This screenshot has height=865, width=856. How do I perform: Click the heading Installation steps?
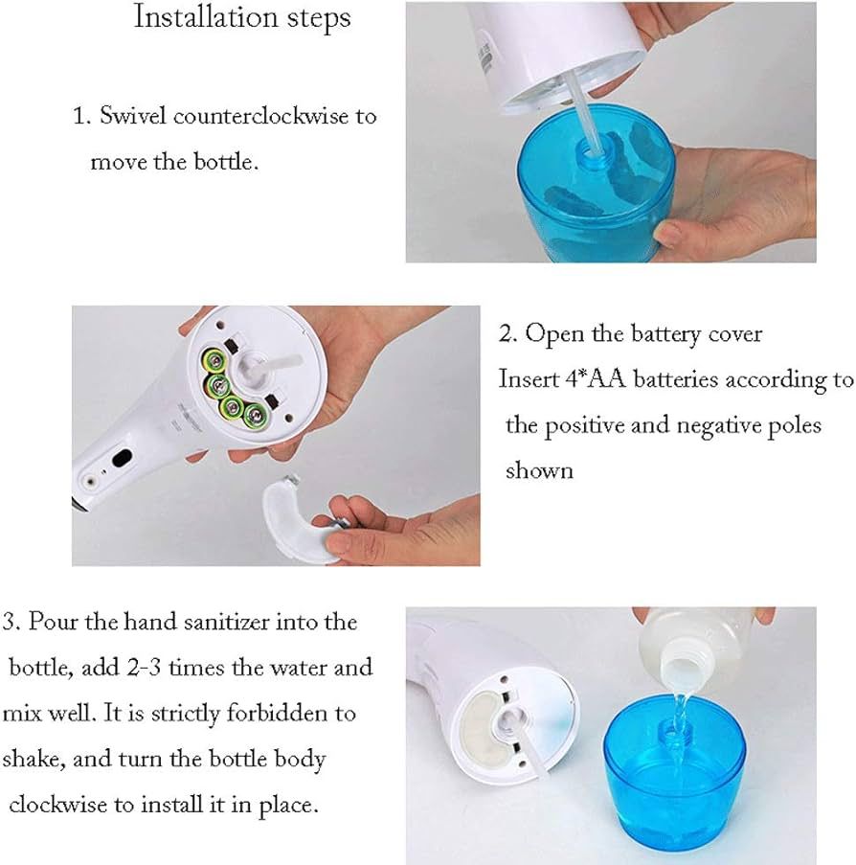[x=241, y=17]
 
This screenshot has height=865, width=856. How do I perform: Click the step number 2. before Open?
[x=508, y=334]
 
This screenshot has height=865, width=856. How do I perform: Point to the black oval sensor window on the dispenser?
[x=123, y=459]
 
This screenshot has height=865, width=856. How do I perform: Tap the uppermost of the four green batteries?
[x=212, y=362]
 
